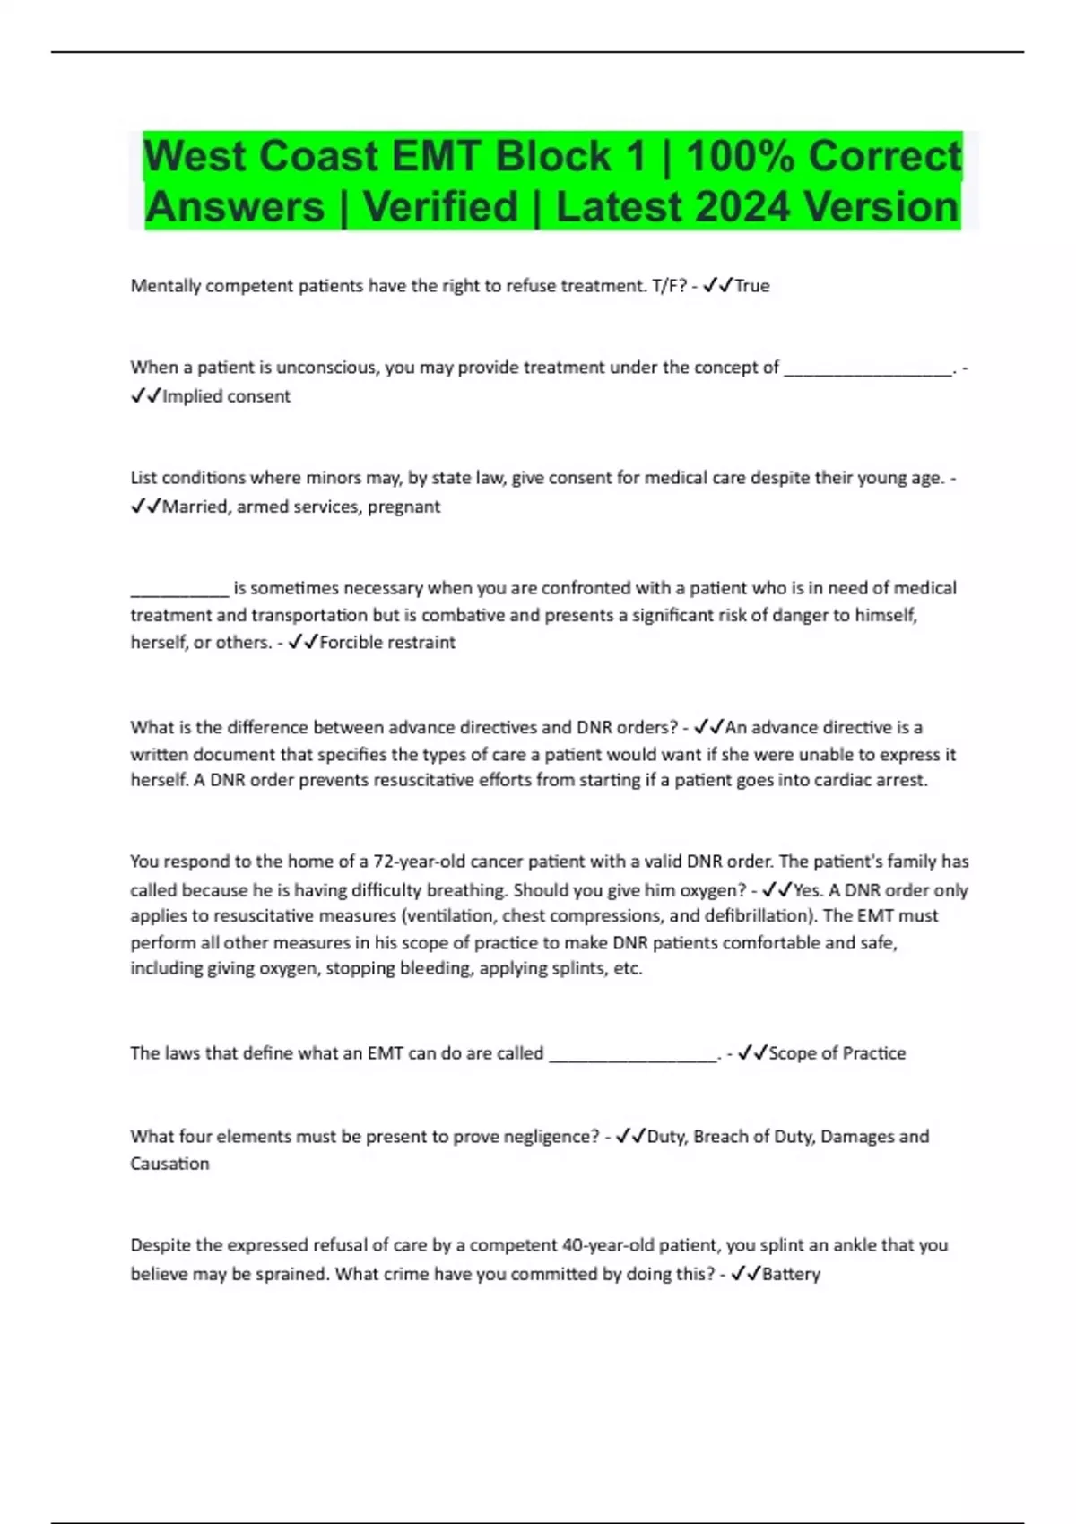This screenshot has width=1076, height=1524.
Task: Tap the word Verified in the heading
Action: point(440,207)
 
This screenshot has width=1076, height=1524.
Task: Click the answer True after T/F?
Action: point(752,286)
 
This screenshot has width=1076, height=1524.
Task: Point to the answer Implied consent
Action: point(226,396)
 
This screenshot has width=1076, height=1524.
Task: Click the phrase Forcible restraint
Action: point(387,643)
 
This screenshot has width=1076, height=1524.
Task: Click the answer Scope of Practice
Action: point(837,1053)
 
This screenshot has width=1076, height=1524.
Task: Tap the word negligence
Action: point(549,1137)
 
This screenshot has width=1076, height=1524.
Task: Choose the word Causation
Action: point(169,1164)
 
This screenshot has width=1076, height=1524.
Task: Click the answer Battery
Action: point(791,1274)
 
